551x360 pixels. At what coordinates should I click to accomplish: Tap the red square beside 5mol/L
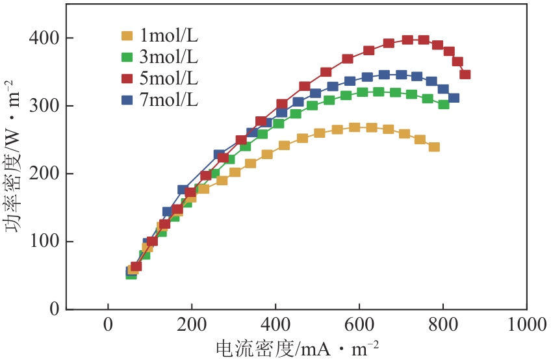[127, 79]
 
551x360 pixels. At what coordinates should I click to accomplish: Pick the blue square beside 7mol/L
[127, 101]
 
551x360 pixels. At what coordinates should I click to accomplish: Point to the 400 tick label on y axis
[43, 38]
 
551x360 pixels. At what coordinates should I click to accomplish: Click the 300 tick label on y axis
[43, 106]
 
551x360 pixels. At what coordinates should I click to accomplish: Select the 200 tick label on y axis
[43, 174]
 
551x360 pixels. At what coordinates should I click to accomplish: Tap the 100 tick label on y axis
[43, 241]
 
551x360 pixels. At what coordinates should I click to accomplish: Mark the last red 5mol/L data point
[465, 75]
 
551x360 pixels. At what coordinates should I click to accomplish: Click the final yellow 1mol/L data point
[434, 147]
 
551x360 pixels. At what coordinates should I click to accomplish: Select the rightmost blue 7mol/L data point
[454, 98]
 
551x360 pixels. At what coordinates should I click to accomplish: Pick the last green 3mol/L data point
[444, 104]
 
